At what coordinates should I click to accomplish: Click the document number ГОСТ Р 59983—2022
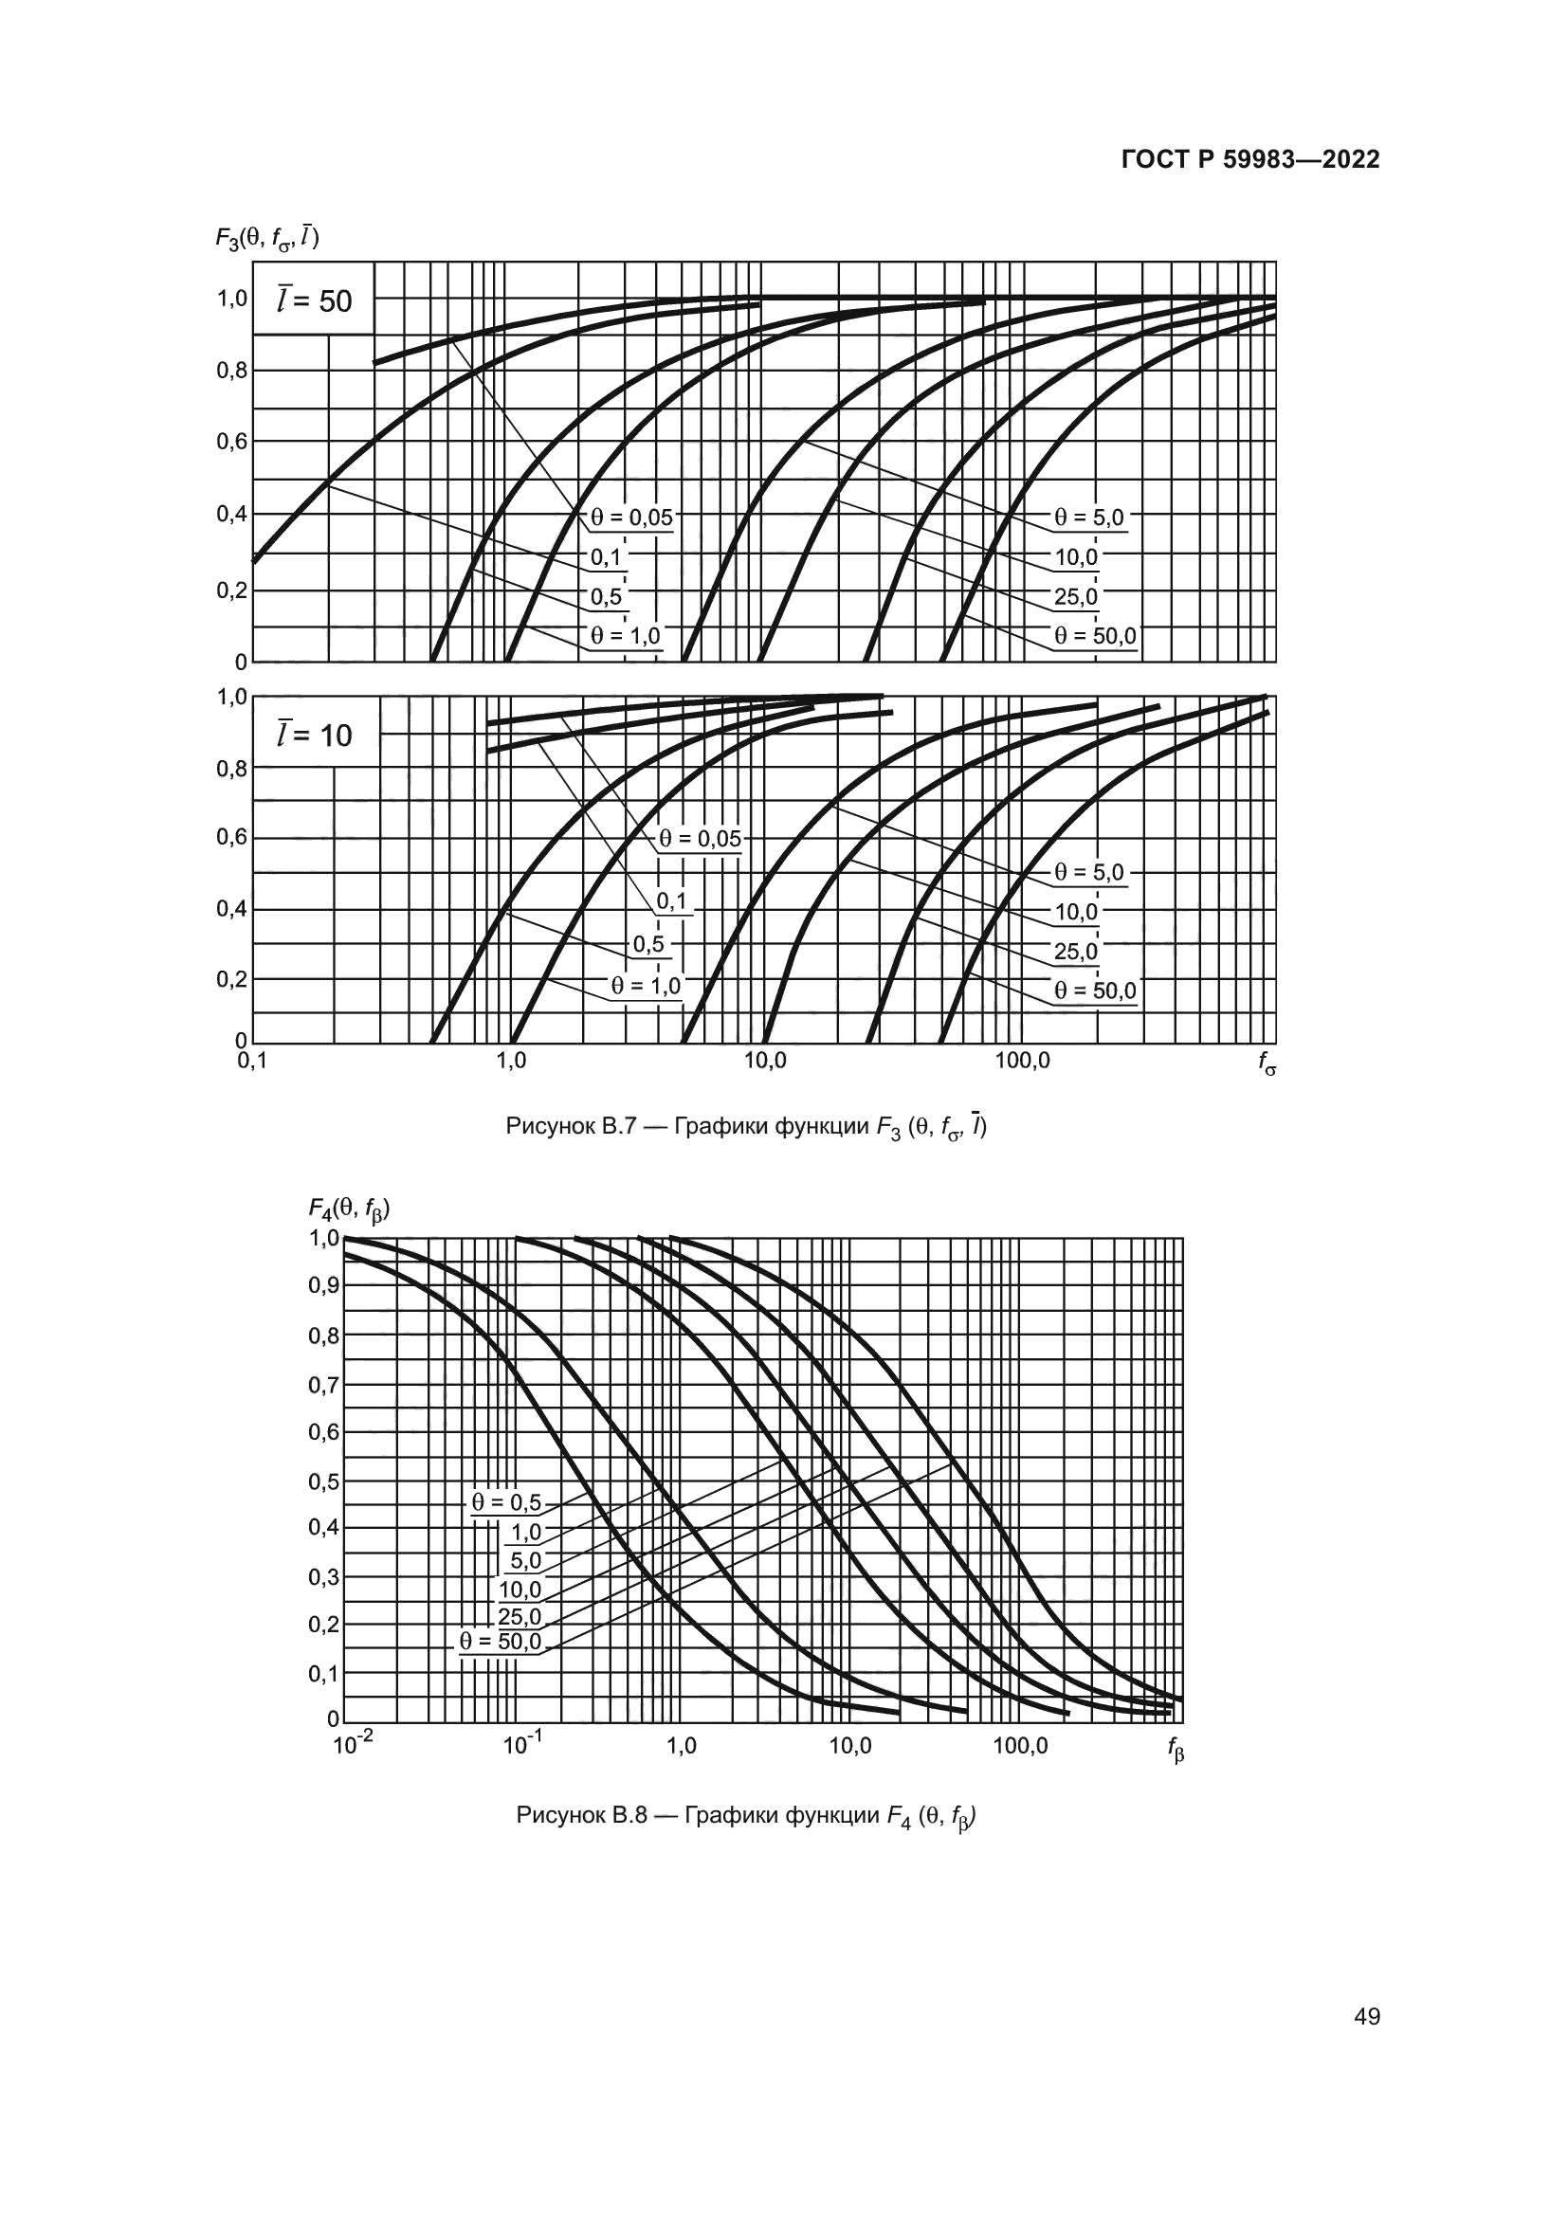point(1250,160)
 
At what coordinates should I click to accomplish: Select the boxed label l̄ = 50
point(314,301)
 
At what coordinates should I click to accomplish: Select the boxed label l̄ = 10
point(314,736)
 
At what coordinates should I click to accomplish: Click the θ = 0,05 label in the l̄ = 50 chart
point(631,518)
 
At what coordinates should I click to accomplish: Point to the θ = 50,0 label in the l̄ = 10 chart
point(1095,990)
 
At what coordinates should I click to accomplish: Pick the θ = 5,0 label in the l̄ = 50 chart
point(1089,518)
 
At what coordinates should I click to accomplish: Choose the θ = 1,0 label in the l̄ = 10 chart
point(645,986)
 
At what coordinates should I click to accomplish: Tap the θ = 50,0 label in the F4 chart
point(501,1642)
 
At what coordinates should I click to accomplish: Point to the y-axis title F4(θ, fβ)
point(349,1208)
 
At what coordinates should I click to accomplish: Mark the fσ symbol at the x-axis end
point(1267,1064)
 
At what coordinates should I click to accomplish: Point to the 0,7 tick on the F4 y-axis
point(323,1386)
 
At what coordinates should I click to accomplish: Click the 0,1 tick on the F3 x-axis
point(252,1062)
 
